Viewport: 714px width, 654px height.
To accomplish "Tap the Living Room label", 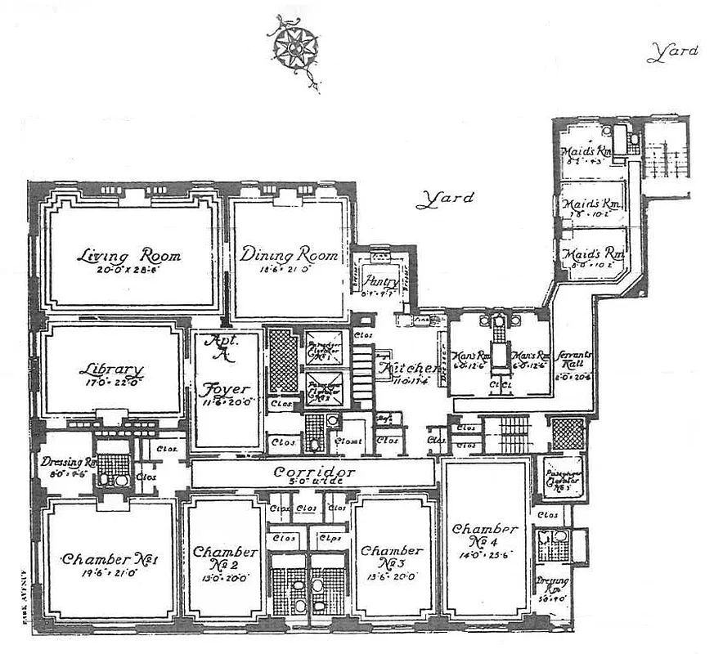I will point(128,256).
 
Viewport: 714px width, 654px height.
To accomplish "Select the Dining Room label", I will point(289,255).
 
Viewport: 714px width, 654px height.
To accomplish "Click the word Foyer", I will point(226,389).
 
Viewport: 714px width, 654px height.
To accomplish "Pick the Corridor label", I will point(314,473).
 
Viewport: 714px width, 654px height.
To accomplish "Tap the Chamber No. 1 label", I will point(110,560).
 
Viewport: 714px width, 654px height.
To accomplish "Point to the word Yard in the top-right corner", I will point(672,53).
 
